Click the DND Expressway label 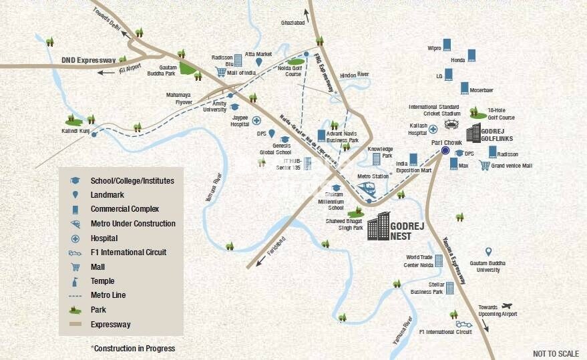89,60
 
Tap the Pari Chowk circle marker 445,150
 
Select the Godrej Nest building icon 379,227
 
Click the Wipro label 434,48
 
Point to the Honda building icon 471,55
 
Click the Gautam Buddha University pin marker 488,252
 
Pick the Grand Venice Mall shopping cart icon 485,165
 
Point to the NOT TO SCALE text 556,353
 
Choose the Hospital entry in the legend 104,238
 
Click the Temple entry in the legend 102,281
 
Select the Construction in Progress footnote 132,348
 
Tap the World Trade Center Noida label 419,261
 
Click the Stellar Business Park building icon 449,287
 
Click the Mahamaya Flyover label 179,98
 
